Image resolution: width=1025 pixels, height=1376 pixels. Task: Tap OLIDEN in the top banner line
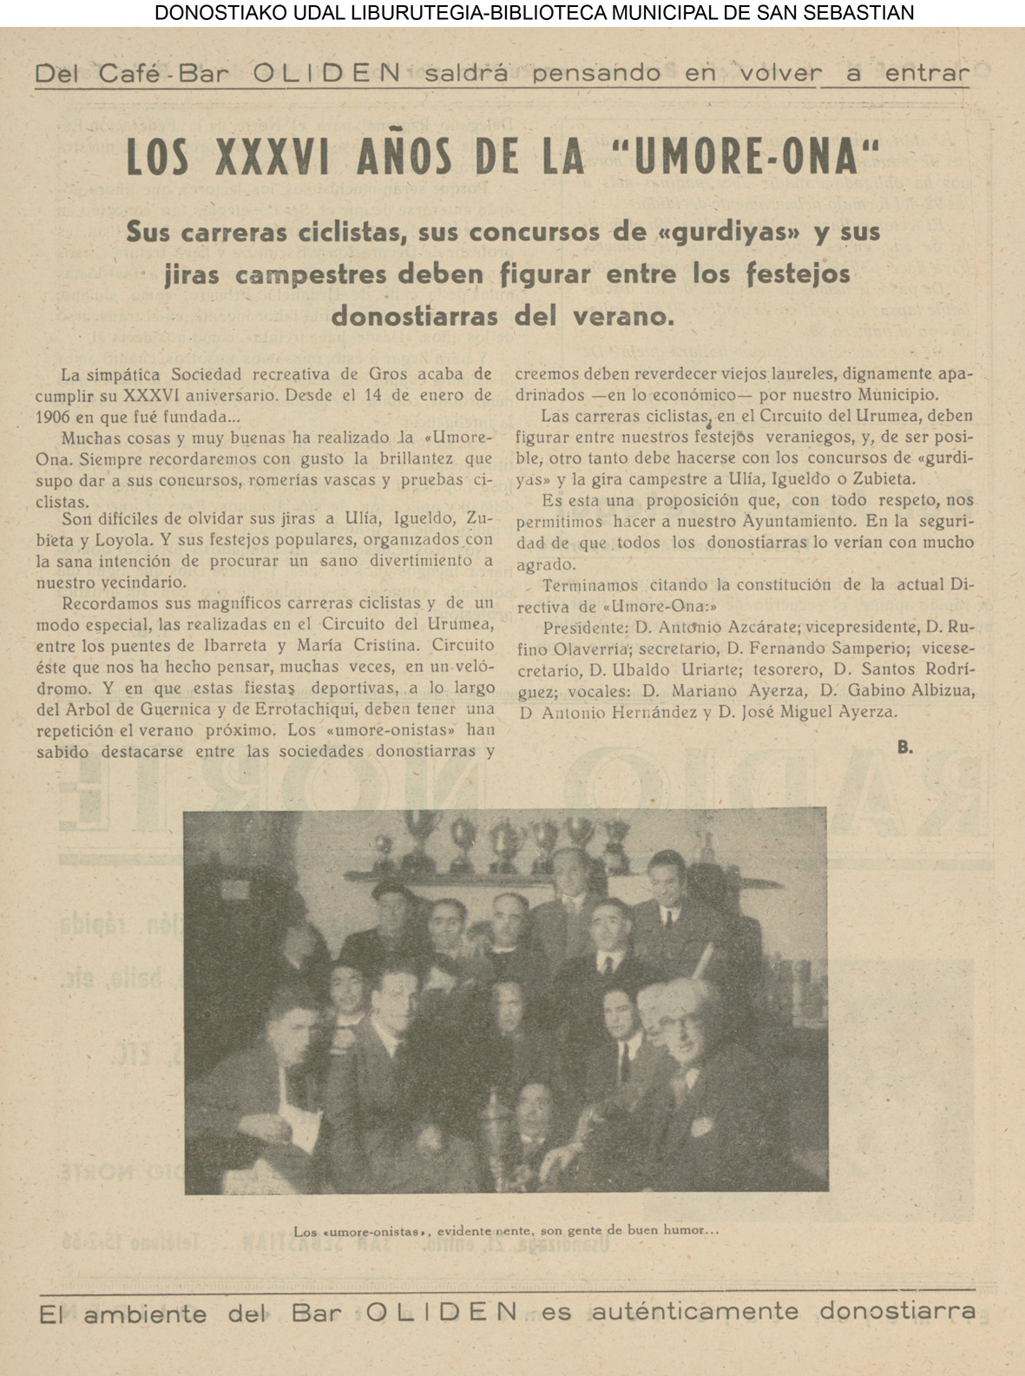(x=326, y=74)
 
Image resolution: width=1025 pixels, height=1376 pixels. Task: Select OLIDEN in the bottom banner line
(x=442, y=1312)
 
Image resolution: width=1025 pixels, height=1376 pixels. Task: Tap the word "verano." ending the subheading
(x=623, y=316)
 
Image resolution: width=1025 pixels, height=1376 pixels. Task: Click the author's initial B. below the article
(x=904, y=747)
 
